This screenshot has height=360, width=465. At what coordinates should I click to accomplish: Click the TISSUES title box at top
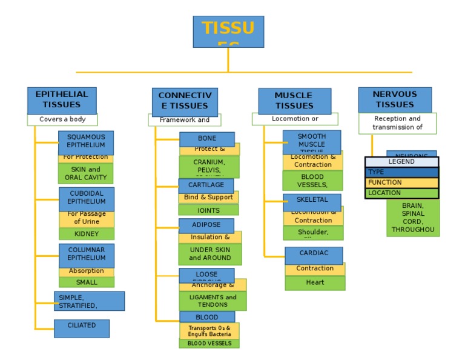point(228,32)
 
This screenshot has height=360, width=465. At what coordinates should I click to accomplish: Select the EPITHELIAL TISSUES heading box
point(61,100)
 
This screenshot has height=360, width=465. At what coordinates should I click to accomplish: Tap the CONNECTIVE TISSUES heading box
point(185,101)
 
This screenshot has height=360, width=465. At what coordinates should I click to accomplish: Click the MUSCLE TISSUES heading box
point(294,101)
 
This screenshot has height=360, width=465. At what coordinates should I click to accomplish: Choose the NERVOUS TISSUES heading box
point(394,99)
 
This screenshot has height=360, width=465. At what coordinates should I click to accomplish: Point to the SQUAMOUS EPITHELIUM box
point(86,142)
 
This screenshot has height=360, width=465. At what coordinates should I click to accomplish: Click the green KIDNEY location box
point(86,234)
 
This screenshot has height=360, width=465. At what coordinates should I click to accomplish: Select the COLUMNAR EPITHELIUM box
point(86,255)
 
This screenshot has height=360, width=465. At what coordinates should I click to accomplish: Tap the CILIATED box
point(82,328)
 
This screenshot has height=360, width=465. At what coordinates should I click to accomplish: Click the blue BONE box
point(206,139)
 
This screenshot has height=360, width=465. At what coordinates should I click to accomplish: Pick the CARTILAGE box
point(206,185)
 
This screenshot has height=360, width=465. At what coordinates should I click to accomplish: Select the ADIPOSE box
point(206,225)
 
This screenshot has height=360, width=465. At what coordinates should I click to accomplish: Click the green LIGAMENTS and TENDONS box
point(213,301)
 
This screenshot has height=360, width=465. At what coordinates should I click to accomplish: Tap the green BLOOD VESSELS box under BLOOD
point(209,344)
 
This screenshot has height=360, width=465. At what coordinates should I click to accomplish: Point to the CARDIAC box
point(314,254)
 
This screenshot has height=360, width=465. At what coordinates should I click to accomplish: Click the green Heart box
point(315,282)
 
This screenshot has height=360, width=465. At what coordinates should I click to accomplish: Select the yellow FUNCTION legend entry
point(401,182)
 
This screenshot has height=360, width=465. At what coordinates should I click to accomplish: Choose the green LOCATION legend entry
point(401,193)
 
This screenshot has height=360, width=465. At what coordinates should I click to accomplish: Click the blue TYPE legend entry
point(401,172)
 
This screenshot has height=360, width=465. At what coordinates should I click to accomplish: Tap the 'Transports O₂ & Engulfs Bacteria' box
point(209,331)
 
